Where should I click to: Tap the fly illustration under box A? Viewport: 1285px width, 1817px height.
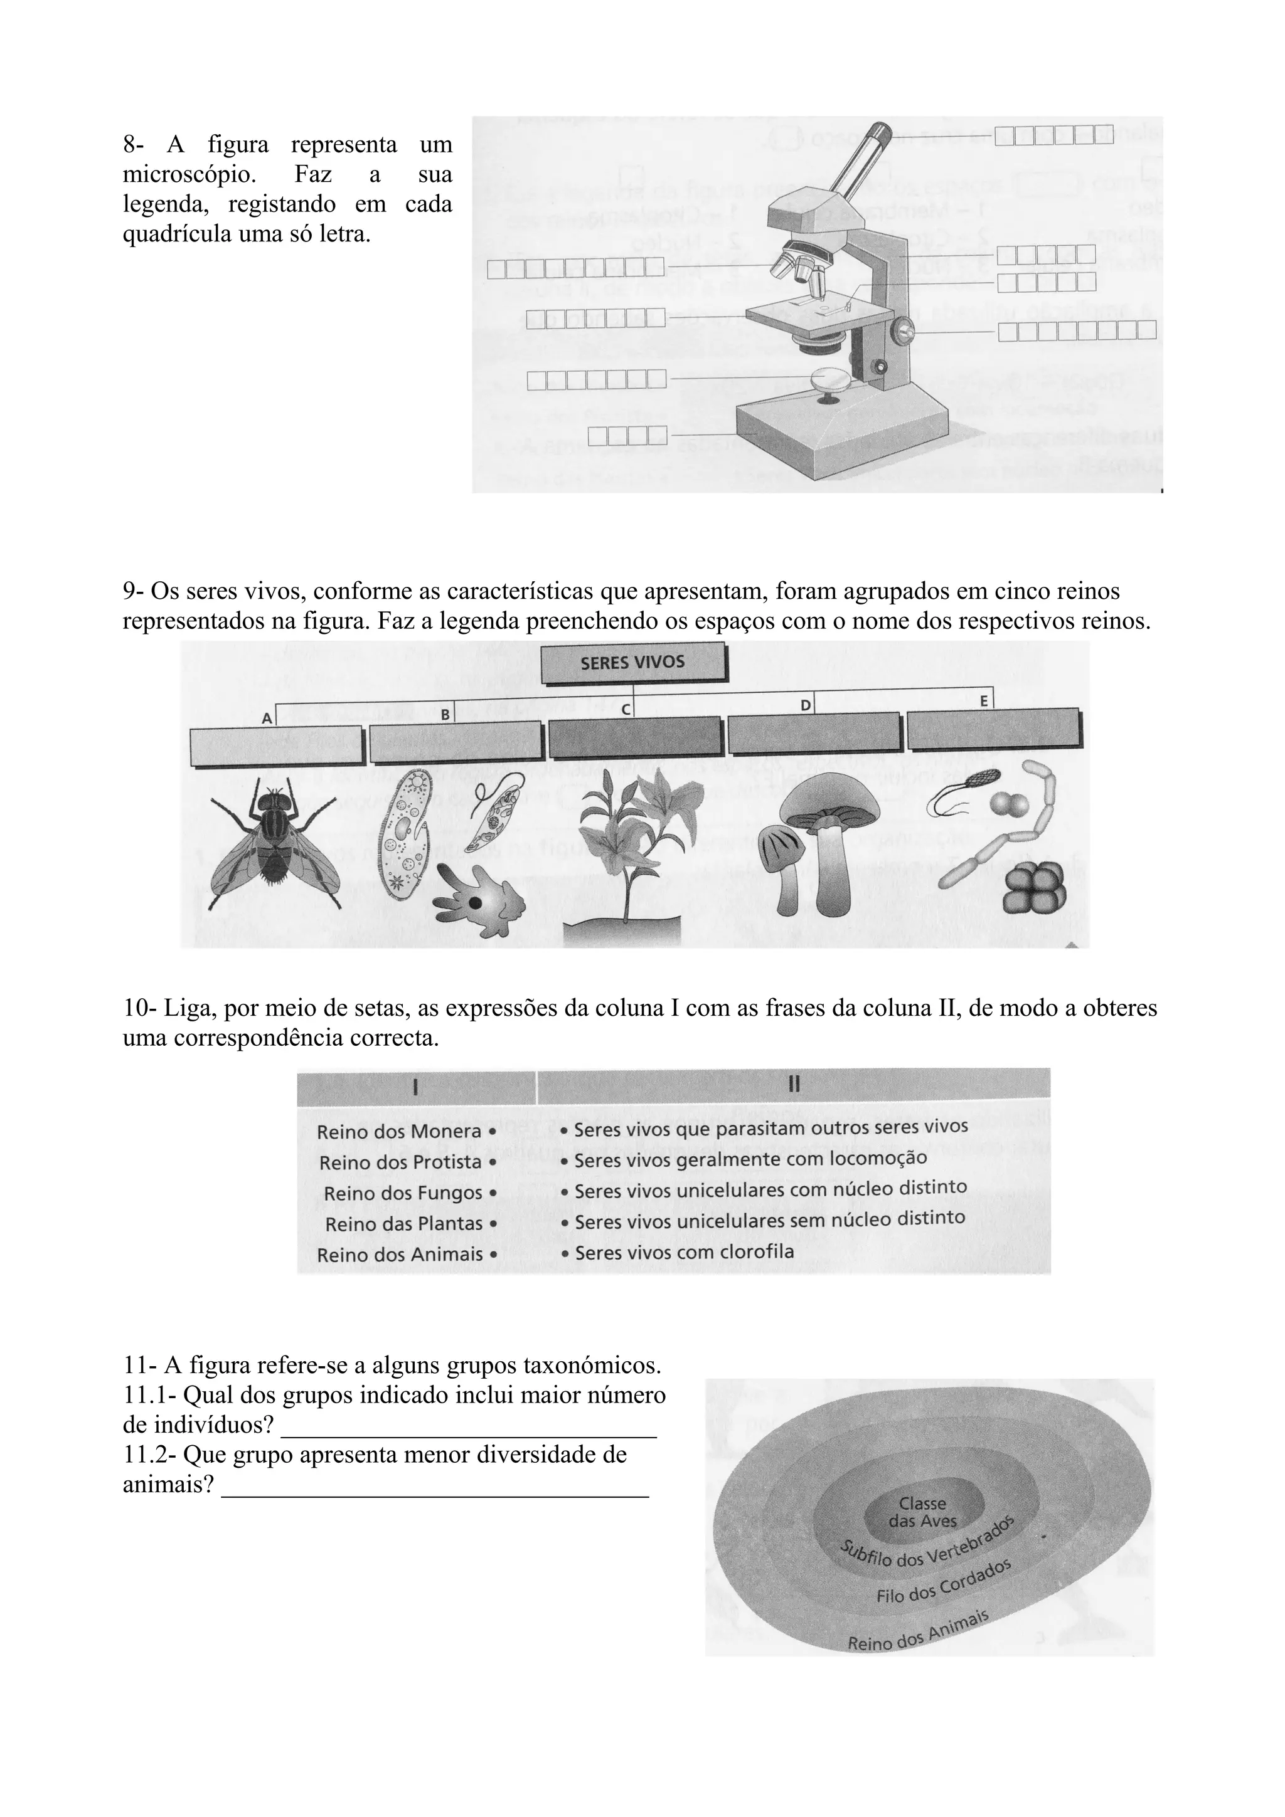(x=275, y=844)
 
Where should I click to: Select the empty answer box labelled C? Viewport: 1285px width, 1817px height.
(x=636, y=737)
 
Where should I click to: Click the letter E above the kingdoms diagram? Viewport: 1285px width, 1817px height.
(x=983, y=701)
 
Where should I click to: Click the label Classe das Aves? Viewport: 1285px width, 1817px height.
(x=922, y=1512)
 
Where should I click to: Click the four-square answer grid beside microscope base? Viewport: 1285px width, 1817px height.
(x=628, y=434)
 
